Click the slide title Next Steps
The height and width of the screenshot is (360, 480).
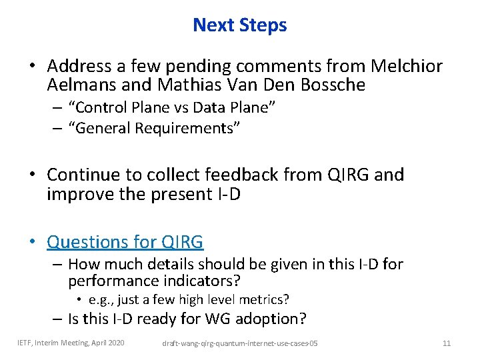239,25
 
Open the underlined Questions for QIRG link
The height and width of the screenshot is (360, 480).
125,241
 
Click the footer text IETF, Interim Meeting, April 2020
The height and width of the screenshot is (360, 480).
71,343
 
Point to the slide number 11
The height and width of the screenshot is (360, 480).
447,343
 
